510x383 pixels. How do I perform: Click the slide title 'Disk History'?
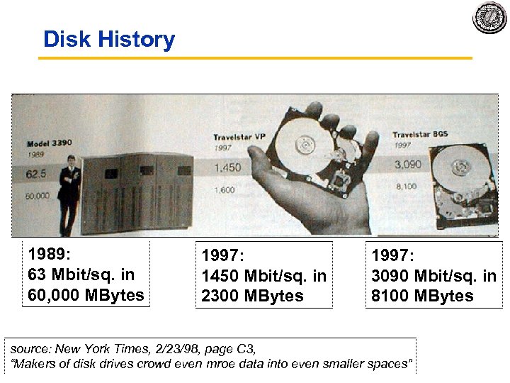coord(108,39)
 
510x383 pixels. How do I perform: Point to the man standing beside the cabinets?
coord(69,188)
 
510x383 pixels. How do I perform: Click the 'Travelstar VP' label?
coord(239,136)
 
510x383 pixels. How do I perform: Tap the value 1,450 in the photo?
coord(227,168)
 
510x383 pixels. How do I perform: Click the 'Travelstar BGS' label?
coord(421,135)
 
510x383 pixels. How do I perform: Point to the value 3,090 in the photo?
coord(407,165)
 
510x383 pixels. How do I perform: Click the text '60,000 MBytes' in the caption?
coord(86,294)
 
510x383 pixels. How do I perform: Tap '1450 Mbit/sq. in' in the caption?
coord(263,276)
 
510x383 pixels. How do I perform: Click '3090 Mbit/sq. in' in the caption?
coord(433,276)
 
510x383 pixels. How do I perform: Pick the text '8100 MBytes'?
coord(422,296)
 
